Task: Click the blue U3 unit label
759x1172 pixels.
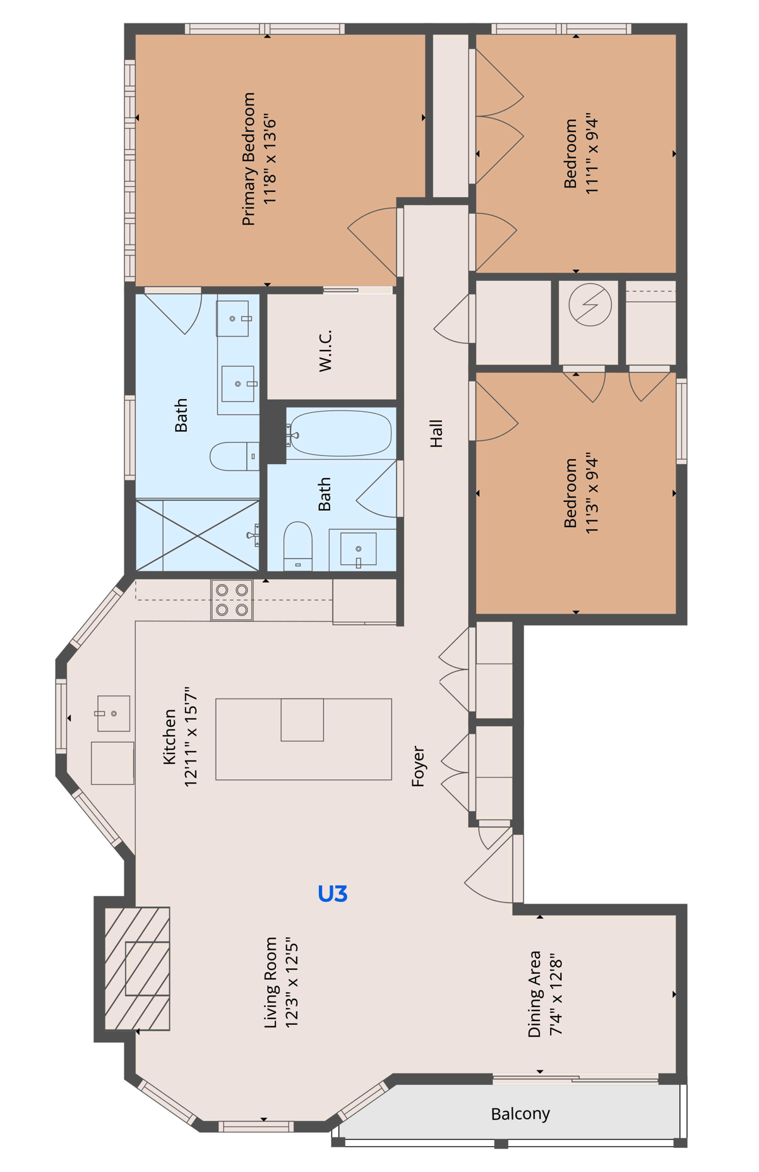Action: pos(332,894)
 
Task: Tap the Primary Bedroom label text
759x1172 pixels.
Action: pos(249,159)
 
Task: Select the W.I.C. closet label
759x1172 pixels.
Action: pos(325,350)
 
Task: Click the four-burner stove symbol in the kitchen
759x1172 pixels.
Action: pos(232,600)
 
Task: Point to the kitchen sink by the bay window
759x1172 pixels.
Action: pos(114,714)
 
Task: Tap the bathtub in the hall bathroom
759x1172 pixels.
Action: pos(341,433)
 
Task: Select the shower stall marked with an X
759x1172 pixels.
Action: pos(198,535)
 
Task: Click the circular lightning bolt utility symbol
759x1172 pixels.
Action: pos(590,305)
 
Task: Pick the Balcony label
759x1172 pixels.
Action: pos(520,1114)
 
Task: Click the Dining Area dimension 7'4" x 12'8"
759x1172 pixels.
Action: pos(556,994)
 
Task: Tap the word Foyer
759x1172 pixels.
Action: pos(418,766)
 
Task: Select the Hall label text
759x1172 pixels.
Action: pos(436,433)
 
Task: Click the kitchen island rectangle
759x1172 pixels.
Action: pos(303,739)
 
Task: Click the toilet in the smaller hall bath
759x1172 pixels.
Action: pos(297,545)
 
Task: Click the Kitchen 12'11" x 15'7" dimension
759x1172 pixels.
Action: pos(191,736)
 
